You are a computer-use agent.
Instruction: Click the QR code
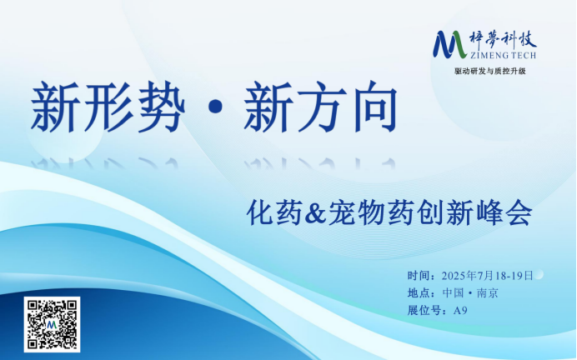(52, 324)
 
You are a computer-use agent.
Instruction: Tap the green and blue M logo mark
(449, 44)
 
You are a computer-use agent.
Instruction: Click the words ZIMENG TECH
(503, 56)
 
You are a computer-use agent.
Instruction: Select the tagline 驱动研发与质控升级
(490, 72)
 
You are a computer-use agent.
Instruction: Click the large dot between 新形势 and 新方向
(214, 107)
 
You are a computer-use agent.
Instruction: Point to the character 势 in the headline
(160, 107)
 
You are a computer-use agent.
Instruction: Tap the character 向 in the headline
(375, 107)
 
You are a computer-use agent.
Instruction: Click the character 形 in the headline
(108, 107)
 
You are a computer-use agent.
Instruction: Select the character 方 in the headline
(322, 107)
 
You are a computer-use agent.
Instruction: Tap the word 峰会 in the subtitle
(505, 213)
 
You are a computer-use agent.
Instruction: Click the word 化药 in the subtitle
(273, 213)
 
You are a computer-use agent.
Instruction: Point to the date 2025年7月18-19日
(487, 276)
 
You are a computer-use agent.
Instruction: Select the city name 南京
(488, 293)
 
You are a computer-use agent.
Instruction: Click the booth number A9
(460, 311)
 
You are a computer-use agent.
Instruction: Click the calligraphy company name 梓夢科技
(503, 40)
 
